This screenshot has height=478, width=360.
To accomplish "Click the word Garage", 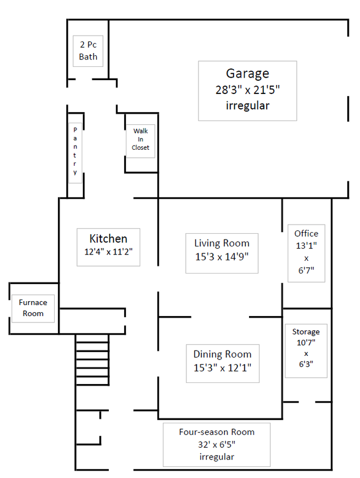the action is coord(247,74).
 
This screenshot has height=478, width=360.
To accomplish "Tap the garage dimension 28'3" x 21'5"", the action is coord(247,90).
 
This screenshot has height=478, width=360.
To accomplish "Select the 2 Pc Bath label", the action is coord(88,50).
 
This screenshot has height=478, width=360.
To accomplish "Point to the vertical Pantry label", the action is coord(75,151).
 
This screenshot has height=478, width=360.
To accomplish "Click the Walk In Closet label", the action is coord(141,139).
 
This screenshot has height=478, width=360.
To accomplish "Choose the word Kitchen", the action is coord(108,238).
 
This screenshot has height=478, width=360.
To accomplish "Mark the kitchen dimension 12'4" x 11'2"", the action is coord(108,252).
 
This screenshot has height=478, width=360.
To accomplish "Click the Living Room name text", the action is coord(222,243).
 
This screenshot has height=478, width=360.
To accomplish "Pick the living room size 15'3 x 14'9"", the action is coord(222,257).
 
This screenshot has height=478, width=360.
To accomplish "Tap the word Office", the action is coord(306,234).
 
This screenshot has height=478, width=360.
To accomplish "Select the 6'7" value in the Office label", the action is coord(306,270).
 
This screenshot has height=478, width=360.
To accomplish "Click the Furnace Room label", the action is coord(33,308).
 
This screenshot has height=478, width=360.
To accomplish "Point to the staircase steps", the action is coord(92,360).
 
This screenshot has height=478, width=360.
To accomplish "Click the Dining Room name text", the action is coord(222,354).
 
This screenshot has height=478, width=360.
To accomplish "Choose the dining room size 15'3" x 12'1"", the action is coord(222,368).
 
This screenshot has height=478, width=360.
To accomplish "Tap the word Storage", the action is coord(306,331).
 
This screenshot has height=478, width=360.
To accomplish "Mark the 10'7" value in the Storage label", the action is coord(306,343).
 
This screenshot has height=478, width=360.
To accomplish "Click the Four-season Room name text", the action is coord(217,432).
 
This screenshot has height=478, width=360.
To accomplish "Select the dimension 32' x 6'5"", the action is coord(217,445).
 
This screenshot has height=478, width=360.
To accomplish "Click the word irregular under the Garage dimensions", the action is coord(247,106).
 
